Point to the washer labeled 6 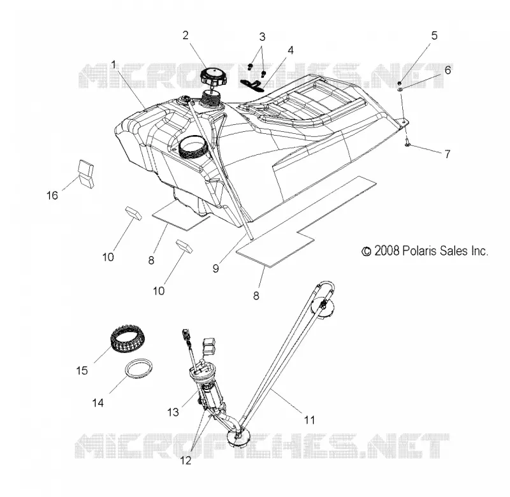click(x=400, y=89)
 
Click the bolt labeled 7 click(x=407, y=142)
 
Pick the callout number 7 click(x=448, y=154)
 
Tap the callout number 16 click(x=52, y=196)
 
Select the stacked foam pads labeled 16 click(x=86, y=174)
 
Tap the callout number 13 click(x=173, y=412)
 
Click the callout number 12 click(x=186, y=461)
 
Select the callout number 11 click(x=309, y=420)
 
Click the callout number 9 click(x=215, y=268)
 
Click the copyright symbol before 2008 click(x=367, y=251)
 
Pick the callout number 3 click(x=262, y=37)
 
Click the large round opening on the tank click(x=193, y=147)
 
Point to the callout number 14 click(x=98, y=403)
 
